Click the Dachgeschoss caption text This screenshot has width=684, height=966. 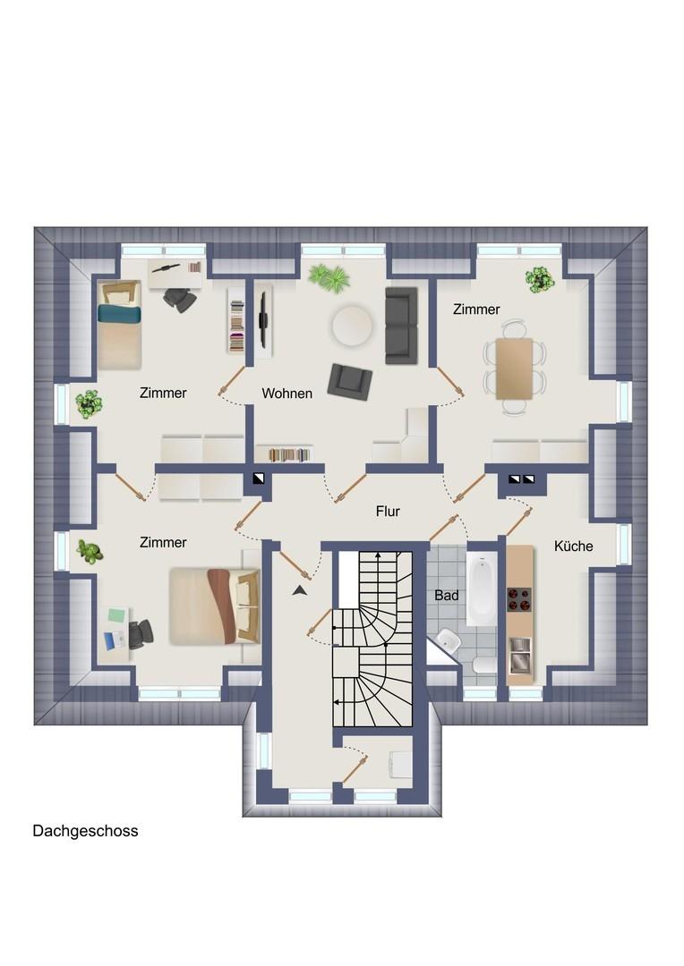85,831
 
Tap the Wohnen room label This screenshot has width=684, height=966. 286,393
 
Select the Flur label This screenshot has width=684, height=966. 388,512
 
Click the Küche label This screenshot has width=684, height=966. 574,546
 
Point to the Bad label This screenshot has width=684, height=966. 447,595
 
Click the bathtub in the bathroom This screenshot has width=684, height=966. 481,589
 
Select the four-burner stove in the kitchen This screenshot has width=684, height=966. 519,598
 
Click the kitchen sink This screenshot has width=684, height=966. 519,656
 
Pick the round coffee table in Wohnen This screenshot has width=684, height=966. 352,326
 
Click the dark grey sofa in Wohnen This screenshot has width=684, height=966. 401,326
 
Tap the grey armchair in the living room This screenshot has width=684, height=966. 350,381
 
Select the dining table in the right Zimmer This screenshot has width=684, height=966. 515,368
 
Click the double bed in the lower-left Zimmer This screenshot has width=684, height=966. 215,606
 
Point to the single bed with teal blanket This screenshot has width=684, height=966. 119,325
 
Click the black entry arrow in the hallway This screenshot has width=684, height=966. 300,590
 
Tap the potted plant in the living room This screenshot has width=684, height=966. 329,277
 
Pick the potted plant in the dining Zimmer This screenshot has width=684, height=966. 540,279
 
